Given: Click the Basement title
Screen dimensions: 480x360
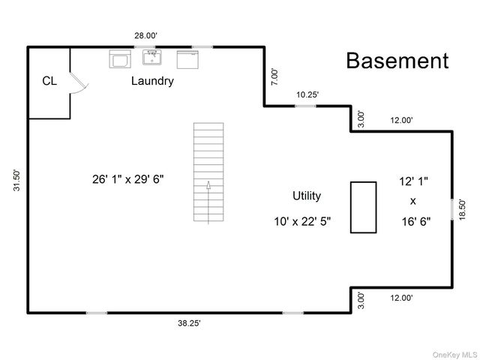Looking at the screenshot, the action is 397,60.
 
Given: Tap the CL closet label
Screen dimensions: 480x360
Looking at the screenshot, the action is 49,81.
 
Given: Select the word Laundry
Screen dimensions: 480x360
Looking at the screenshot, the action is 152,81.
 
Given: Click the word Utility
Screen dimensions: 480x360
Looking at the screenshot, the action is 307,196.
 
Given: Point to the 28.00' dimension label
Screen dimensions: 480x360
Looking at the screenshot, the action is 145,36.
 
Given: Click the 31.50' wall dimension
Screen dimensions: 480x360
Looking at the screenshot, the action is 16,180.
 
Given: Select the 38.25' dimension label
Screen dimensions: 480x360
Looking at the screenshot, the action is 189,323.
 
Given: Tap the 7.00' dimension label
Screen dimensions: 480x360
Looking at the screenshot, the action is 275,77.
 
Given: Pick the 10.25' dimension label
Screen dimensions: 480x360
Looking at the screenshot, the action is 307,94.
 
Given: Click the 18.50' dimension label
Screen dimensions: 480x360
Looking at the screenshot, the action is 462,210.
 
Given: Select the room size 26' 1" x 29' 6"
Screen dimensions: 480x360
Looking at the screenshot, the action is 128,179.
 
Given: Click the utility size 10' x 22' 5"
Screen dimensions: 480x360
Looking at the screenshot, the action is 302,221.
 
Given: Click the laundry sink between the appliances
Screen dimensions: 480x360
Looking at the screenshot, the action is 152,57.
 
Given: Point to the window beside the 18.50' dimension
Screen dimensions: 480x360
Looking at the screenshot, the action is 452,209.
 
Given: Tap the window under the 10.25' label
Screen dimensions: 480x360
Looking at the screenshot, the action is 305,106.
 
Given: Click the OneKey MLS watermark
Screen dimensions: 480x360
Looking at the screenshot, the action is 454,355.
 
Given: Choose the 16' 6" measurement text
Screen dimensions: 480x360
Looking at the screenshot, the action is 416,221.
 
